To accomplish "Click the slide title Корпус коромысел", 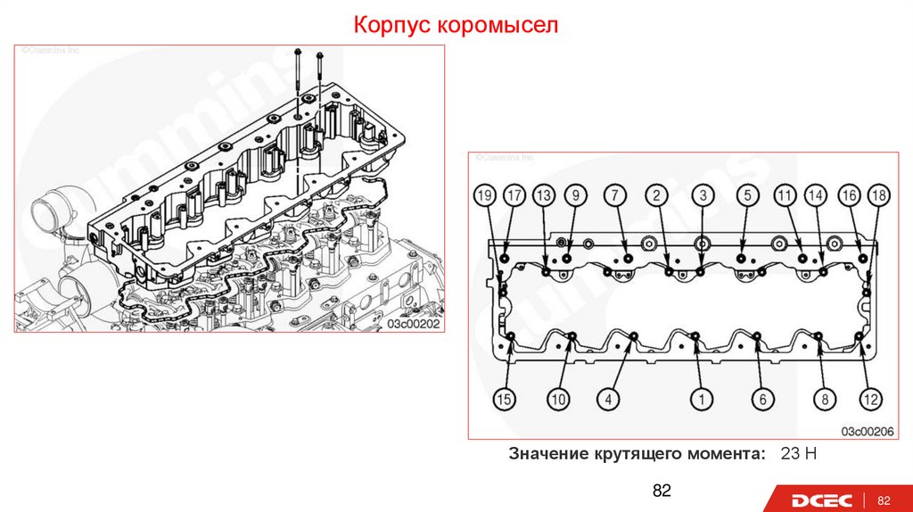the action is pos(456,24).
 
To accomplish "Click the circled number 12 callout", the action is pos(869,400).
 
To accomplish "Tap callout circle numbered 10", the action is pos(558,400).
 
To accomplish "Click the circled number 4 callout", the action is pos(609,400).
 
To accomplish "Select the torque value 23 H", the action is pos(798,454).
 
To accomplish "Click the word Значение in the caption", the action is pos(547,454).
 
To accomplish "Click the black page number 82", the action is pos(662,491).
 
